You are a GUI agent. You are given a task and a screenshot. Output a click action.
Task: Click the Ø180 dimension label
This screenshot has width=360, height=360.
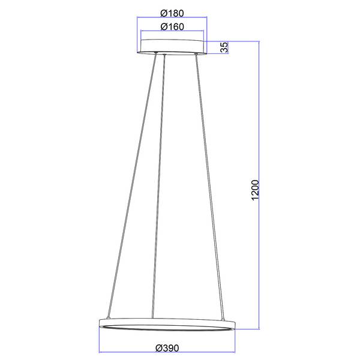172,13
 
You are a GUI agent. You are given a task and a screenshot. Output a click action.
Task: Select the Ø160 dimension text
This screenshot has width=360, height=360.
172,27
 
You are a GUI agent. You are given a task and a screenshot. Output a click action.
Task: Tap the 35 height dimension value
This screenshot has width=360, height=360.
224,47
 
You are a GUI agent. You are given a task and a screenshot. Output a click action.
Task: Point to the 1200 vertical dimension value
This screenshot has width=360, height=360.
255,190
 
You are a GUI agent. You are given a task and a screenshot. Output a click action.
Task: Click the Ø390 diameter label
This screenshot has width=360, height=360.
167,348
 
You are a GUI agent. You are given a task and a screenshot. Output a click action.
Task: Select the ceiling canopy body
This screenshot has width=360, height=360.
172,47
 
